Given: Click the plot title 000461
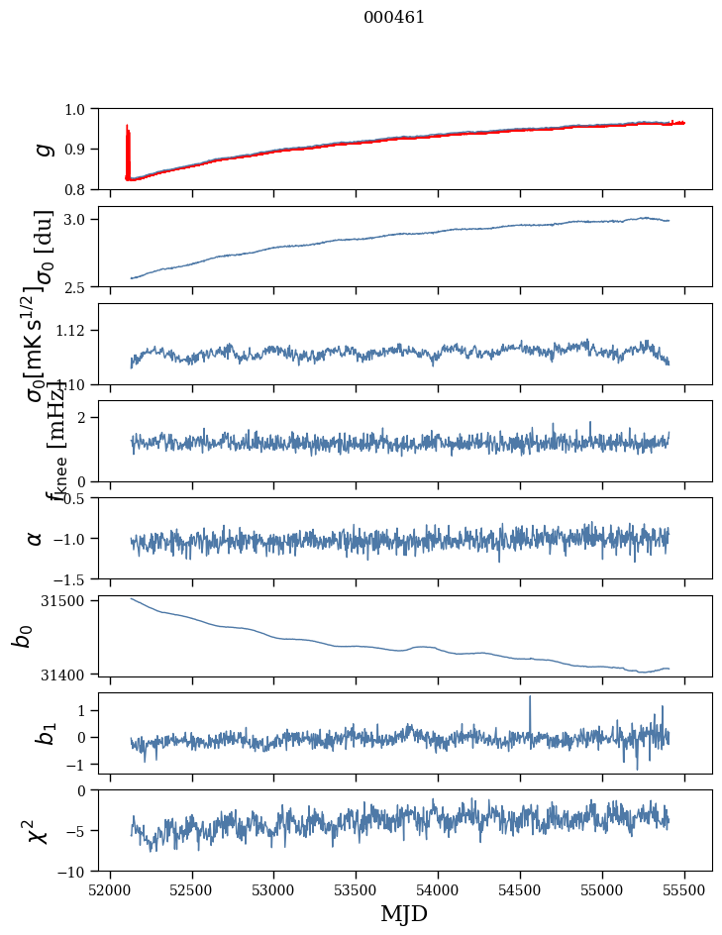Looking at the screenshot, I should point(394,18).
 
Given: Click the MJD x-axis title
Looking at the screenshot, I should point(405,913).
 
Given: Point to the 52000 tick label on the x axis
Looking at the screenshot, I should point(110,889).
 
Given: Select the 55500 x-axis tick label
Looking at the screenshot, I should point(684,889).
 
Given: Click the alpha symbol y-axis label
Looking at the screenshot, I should point(36,538).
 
